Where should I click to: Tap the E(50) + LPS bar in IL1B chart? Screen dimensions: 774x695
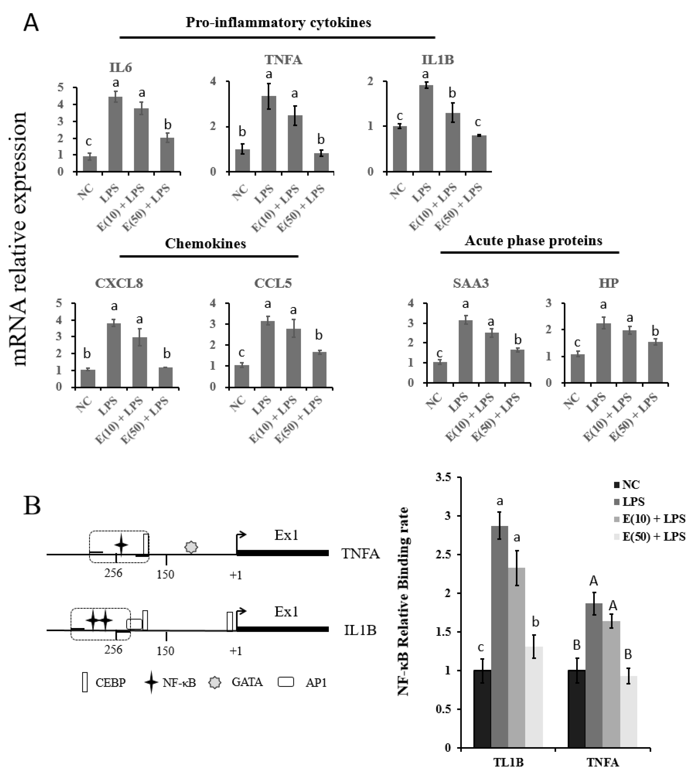(479, 153)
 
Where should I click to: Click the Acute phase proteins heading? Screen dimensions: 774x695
(533, 241)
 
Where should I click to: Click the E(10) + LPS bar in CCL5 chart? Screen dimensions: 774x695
(293, 357)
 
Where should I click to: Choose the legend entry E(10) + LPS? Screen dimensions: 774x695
(653, 519)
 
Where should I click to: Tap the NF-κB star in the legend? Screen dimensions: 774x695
(151, 682)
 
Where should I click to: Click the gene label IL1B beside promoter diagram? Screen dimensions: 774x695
(360, 630)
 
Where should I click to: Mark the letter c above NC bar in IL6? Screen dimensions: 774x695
(89, 142)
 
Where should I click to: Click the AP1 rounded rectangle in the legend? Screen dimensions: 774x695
(286, 682)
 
